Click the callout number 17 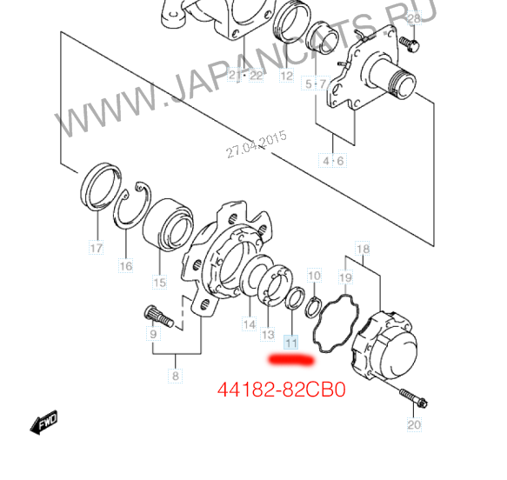pos(96,248)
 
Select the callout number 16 pos(126,266)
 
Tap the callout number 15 pos(159,283)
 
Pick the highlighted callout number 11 pos(291,343)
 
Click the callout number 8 pos(176,376)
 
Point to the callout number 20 pos(414,424)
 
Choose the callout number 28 pos(414,18)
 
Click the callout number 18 pos(362,249)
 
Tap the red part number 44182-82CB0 pos(282,390)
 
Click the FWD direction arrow pos(43,422)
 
